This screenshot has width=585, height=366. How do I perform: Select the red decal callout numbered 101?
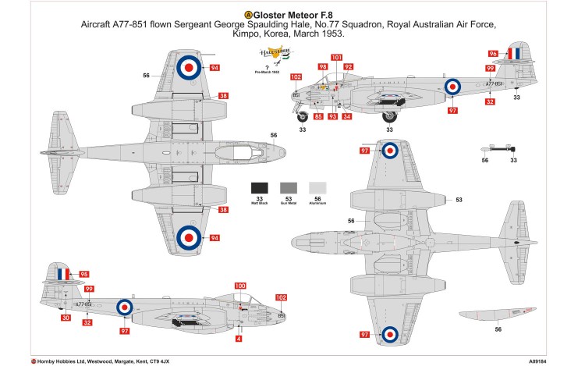click(x=336, y=57)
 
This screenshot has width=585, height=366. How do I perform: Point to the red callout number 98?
click(x=322, y=67)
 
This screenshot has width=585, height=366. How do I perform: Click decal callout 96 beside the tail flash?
click(x=493, y=54)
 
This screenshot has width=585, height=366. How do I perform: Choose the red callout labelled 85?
click(x=317, y=116)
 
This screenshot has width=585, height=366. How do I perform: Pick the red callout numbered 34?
click(x=346, y=116)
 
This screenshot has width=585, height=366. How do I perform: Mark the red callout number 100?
click(x=239, y=286)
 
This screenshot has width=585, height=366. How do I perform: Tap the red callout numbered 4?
click(x=239, y=338)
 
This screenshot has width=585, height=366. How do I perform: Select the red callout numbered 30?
click(x=66, y=317)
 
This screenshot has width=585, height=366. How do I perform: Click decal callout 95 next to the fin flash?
click(x=84, y=274)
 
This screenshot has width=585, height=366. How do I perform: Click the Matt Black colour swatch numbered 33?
click(x=260, y=188)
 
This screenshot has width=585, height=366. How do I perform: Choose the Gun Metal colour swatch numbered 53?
click(x=288, y=188)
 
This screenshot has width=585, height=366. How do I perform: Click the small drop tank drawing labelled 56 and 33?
click(x=500, y=148)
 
